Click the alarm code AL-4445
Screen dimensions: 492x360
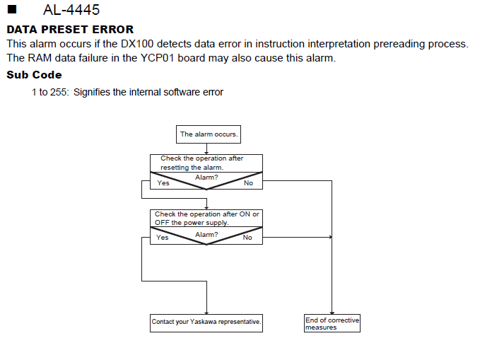click(71, 10)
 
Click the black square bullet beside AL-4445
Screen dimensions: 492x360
click(12, 9)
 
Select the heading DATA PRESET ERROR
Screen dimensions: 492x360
click(70, 29)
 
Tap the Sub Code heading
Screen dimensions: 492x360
click(34, 75)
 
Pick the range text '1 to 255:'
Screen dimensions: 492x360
click(50, 92)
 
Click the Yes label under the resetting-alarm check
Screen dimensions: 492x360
click(163, 183)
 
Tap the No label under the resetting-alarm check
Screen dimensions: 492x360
click(248, 183)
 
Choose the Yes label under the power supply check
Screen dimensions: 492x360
click(162, 237)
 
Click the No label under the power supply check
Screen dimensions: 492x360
click(247, 237)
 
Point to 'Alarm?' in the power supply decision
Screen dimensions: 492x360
click(206, 234)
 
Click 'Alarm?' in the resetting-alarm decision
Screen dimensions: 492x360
click(206, 178)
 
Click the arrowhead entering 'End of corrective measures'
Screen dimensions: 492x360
click(332, 313)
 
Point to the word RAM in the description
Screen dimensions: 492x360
click(41, 58)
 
